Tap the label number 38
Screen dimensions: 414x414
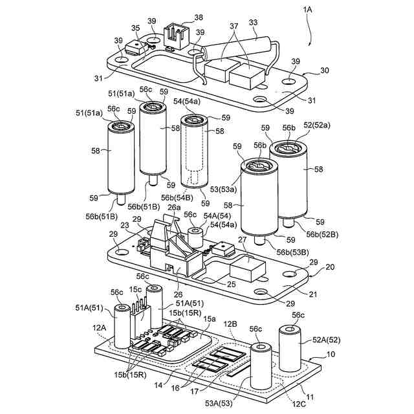pos(198,17)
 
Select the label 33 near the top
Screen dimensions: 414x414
pos(254,23)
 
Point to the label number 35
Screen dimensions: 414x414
pos(135,28)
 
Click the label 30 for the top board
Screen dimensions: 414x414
pos(324,71)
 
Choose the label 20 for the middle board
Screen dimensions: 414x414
pos(331,267)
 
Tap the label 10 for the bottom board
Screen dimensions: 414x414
pos(331,354)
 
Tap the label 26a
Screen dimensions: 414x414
pos(174,208)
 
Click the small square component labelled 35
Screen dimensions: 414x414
pos(135,47)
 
